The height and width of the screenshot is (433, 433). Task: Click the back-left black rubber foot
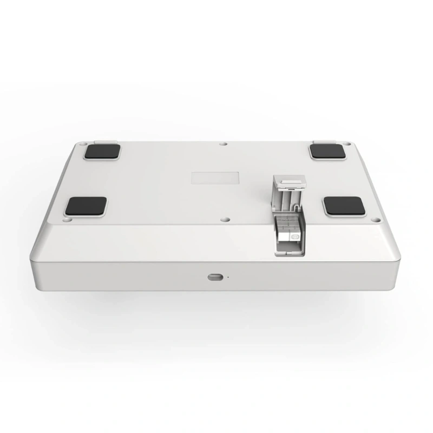[x=102, y=151]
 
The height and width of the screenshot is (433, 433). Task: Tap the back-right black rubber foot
[x=329, y=151]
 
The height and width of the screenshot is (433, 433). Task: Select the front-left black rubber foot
[x=86, y=206]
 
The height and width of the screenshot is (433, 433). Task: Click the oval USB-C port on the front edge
[x=215, y=277]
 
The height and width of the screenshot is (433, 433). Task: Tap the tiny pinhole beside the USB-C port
[x=227, y=277]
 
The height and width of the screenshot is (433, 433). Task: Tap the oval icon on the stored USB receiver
[x=295, y=237]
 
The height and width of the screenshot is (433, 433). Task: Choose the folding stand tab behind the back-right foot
[x=323, y=142]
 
